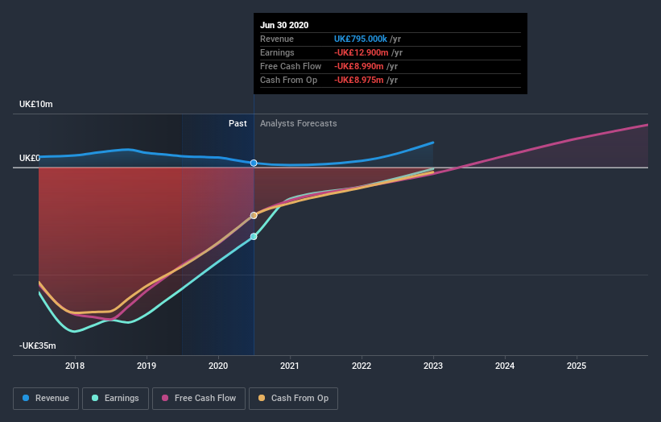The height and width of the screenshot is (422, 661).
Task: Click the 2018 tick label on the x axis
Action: pos(75,366)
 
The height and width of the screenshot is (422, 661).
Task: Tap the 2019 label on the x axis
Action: pos(147,366)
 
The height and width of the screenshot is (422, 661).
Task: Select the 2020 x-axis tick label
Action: pos(218,366)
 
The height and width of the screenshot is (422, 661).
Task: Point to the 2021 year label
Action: pos(290,366)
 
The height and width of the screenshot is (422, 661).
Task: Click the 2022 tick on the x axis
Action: pos(361,366)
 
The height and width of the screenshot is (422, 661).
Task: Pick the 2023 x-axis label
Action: pos(433,366)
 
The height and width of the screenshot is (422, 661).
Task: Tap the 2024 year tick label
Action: pos(505,366)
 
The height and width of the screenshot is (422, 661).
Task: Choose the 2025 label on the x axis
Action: pos(576,366)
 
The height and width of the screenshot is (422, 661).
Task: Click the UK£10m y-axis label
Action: pos(36,105)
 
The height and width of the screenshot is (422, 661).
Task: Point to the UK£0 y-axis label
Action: pos(31,158)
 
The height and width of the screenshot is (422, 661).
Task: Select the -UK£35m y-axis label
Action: pos(38,345)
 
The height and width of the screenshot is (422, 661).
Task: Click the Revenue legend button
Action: pos(47,398)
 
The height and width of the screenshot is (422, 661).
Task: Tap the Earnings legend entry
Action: pos(116,398)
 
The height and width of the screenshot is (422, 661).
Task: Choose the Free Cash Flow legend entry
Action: pos(198,398)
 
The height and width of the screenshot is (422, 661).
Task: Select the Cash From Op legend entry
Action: pos(294,398)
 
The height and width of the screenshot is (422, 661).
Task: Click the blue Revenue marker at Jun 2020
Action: pos(254,163)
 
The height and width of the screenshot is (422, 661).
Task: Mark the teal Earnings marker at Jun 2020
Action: pos(254,237)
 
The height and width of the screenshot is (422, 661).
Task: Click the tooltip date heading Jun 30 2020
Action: pos(285,25)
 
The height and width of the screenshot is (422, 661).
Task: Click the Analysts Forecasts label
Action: pos(299,123)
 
